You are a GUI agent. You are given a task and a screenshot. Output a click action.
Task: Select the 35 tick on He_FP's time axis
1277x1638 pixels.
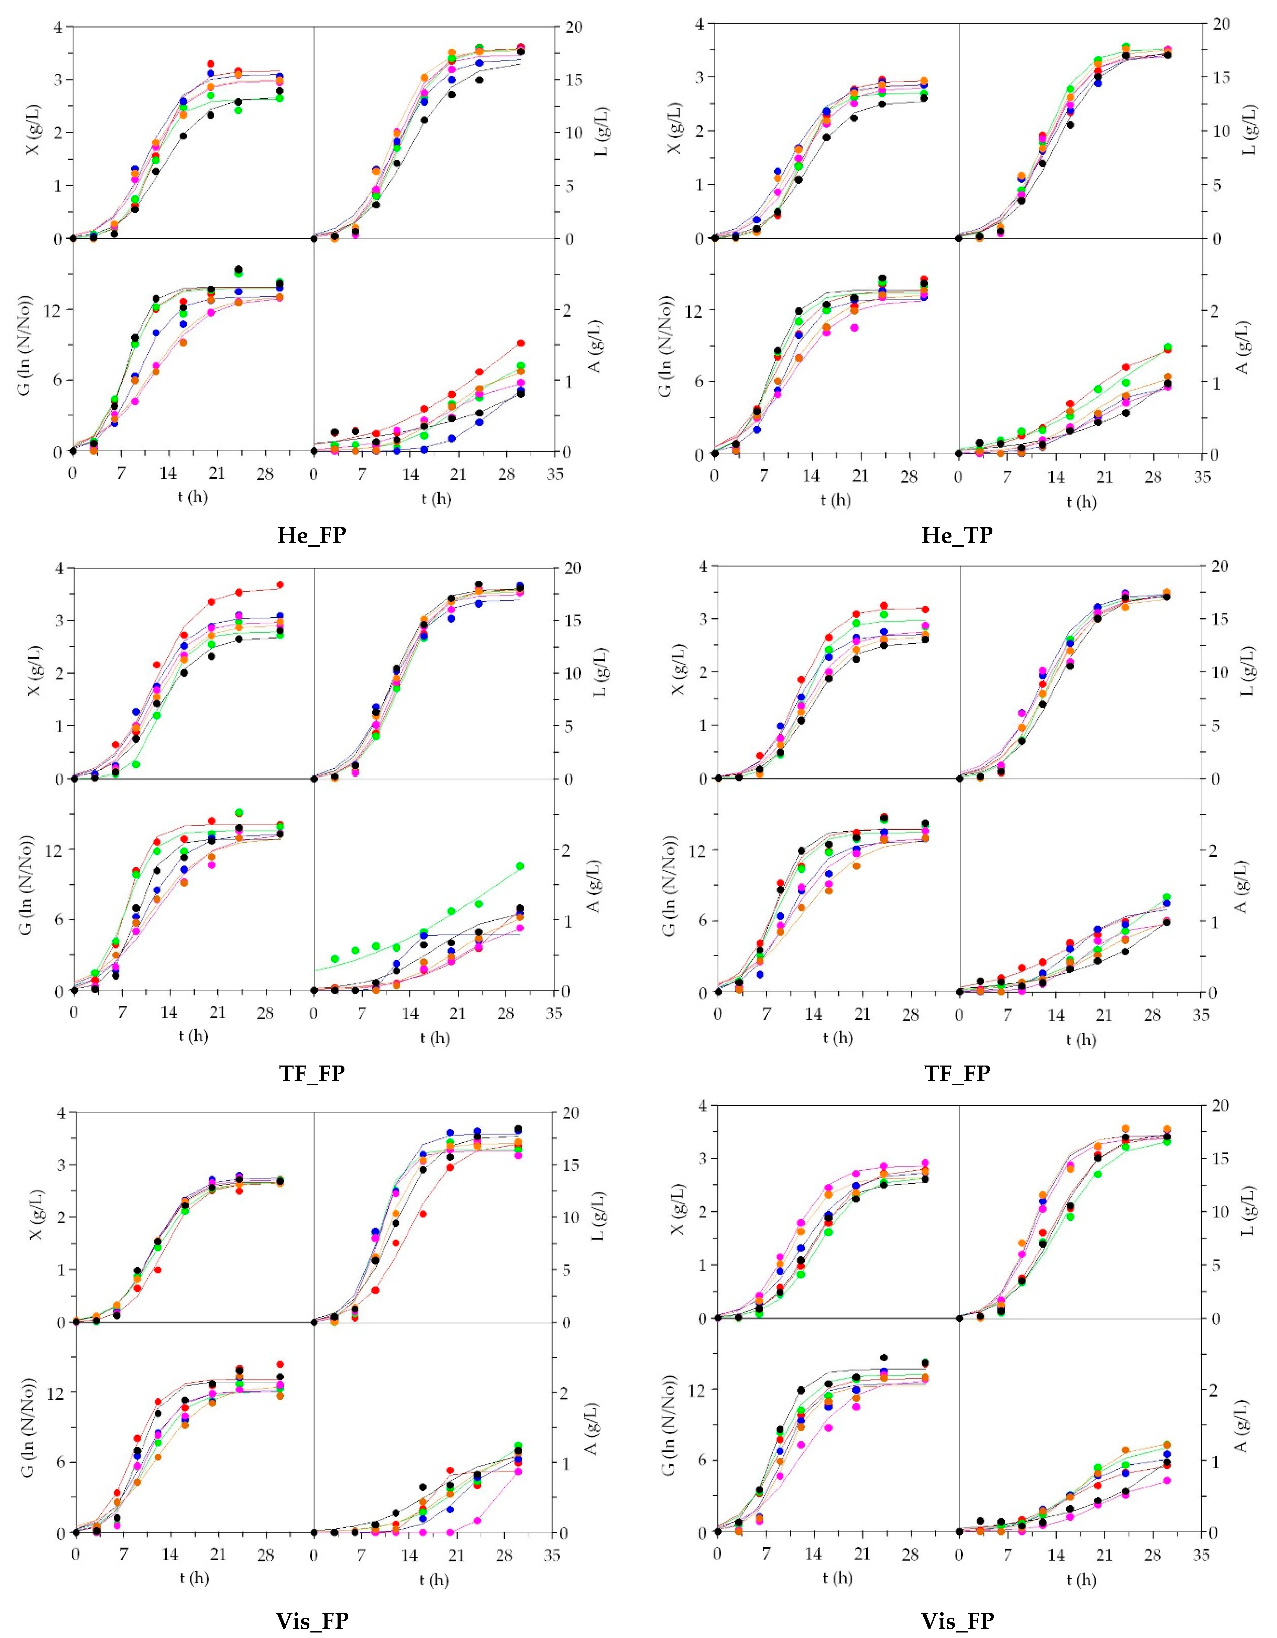[x=555, y=475]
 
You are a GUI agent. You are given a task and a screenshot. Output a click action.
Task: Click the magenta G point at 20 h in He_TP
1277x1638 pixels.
[x=854, y=327]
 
